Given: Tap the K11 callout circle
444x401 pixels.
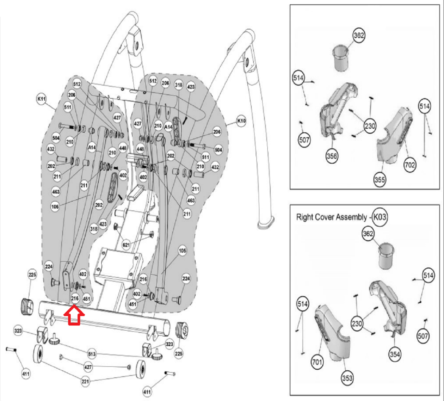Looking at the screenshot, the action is [x=42, y=99].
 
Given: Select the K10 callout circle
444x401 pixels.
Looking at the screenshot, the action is [x=241, y=121].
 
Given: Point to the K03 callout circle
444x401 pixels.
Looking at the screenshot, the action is [x=380, y=217].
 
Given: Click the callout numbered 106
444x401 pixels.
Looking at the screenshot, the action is [x=55, y=207].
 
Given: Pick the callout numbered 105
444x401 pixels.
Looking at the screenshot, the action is [x=182, y=251].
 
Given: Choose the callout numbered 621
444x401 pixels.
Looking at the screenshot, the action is [x=126, y=245].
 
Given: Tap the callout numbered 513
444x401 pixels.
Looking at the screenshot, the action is [x=92, y=354].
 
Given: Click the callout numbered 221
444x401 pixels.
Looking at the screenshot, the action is [x=86, y=382].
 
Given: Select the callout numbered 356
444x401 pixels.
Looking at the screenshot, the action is [x=332, y=156].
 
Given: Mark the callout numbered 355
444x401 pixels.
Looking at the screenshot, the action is [x=380, y=180].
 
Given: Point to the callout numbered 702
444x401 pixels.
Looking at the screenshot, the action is [x=410, y=165].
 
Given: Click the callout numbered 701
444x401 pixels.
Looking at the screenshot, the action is [x=317, y=362].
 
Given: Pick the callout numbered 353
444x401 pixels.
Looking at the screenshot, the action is [x=347, y=378].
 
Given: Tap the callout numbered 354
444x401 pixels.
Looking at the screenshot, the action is [x=395, y=354].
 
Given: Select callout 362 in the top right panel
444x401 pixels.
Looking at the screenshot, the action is [x=359, y=35].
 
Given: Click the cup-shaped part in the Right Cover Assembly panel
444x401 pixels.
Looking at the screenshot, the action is [x=386, y=256].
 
